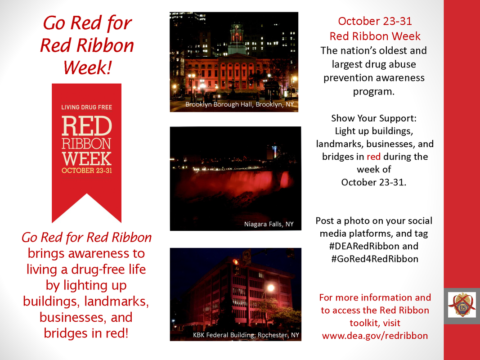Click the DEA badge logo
point(462,305)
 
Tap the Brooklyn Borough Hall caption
point(239,104)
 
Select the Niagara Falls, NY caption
point(269,224)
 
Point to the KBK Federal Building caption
point(246,335)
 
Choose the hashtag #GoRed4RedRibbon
point(375,259)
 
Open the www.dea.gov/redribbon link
point(375,336)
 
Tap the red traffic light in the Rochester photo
point(235,262)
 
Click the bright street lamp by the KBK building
point(271,288)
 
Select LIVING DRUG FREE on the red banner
point(87,107)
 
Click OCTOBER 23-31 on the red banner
point(87,171)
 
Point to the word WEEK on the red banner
point(87,158)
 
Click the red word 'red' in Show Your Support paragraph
point(373,157)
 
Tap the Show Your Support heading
point(374,118)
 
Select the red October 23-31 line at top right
point(375,21)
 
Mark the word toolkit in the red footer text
point(375,323)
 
